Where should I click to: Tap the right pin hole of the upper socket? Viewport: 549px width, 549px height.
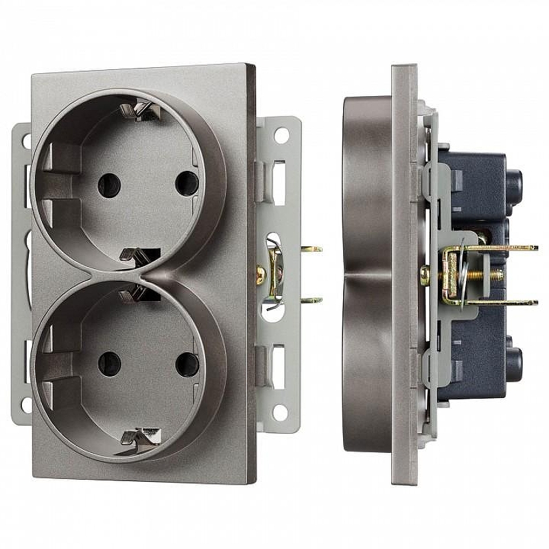click(183, 183)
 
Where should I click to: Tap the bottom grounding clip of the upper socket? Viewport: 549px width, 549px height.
click(132, 255)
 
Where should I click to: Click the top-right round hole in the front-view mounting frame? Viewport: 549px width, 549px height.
click(281, 135)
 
